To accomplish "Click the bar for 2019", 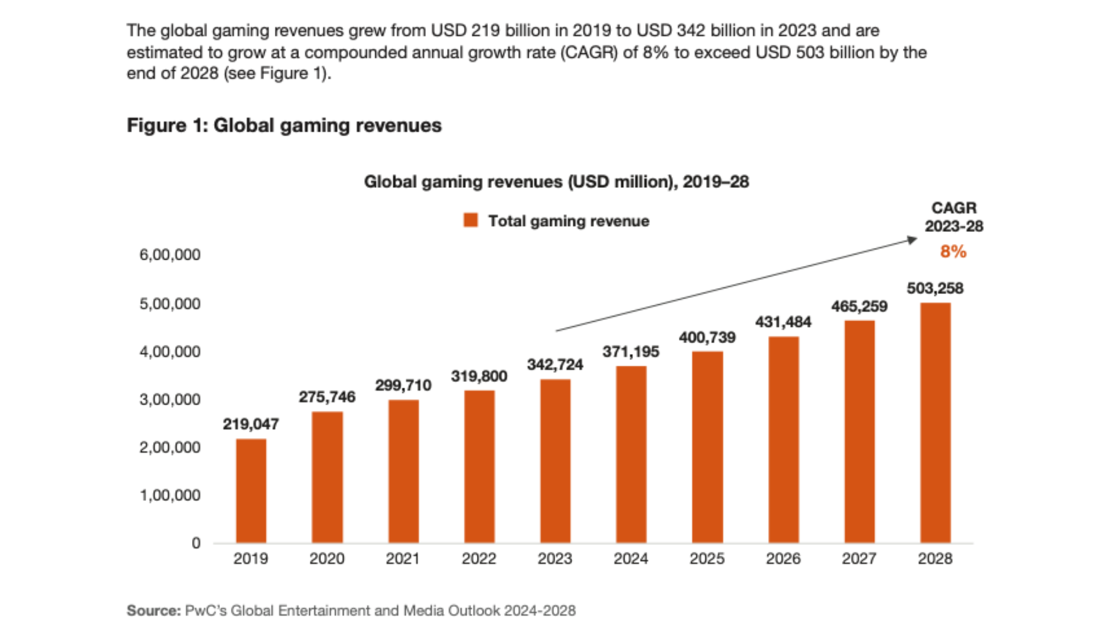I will coord(251,490).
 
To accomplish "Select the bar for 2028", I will coord(935,423).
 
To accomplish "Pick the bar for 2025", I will coord(707,447).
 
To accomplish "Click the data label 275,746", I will coord(327,397).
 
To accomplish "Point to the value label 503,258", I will coord(935,288).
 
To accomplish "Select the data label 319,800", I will coord(479,376).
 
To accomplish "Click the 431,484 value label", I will coord(783,322).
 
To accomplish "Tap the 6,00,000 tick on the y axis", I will coord(169,254).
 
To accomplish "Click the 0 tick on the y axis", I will coord(196,543).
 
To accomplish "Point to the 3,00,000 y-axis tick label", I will coord(169,399).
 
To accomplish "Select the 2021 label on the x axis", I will coord(403,559).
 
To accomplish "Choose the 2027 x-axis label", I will coord(859,559).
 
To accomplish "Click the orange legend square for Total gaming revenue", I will coord(471,220).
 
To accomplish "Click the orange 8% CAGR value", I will coord(953,252).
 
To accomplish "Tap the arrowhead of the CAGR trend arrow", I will coord(913,239).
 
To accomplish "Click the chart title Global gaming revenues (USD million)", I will coord(556,182).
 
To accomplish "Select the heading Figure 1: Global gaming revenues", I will coord(284,125).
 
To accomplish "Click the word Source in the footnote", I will coord(153,610).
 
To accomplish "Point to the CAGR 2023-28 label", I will coord(954,217).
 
